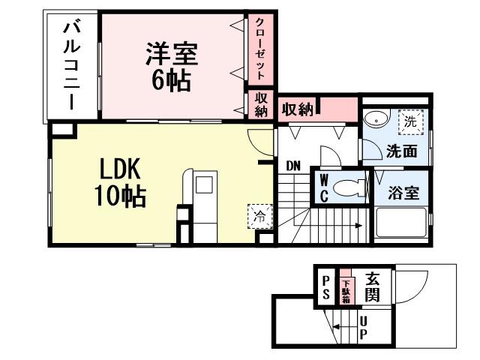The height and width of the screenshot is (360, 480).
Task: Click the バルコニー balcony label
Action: click(x=73, y=65)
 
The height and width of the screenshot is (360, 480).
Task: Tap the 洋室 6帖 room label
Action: click(x=171, y=67)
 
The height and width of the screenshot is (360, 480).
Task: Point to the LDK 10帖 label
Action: click(x=118, y=182)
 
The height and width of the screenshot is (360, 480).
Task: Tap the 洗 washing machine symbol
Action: click(x=410, y=120)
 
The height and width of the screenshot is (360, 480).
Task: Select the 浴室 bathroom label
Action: click(x=403, y=192)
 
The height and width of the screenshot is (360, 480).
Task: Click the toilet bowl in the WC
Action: click(x=347, y=188)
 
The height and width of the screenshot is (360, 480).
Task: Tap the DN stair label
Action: click(x=292, y=165)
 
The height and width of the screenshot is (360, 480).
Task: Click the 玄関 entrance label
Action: click(x=373, y=286)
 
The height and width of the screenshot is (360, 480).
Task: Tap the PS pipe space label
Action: click(x=326, y=287)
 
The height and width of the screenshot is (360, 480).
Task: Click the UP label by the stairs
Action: click(x=363, y=327)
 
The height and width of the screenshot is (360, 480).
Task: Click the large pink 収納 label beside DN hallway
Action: click(x=297, y=109)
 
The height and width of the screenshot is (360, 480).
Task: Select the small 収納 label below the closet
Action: click(x=260, y=104)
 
